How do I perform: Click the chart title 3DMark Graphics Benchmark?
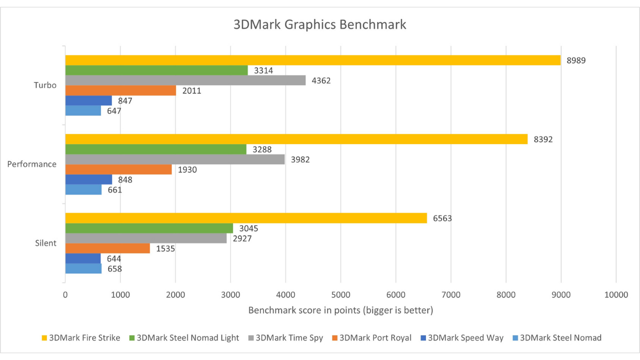pos(319,24)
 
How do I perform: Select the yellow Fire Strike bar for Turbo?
pos(312,60)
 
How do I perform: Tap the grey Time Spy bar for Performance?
pos(175,159)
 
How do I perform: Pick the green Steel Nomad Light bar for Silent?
pos(149,228)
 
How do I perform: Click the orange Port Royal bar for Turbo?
pos(120,90)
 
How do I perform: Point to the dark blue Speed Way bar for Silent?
pos(83,258)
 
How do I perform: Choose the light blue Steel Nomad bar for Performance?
pos(83,190)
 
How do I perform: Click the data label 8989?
pos(576,60)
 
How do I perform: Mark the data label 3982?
pos(300,159)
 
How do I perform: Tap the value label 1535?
pos(165,248)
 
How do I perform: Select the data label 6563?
pos(442,218)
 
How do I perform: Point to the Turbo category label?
pos(45,85)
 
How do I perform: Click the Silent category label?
pos(45,243)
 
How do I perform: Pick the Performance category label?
pos(31,164)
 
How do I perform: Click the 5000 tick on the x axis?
pos(340,295)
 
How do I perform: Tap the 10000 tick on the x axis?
pos(615,295)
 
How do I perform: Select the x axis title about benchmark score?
pos(340,310)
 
